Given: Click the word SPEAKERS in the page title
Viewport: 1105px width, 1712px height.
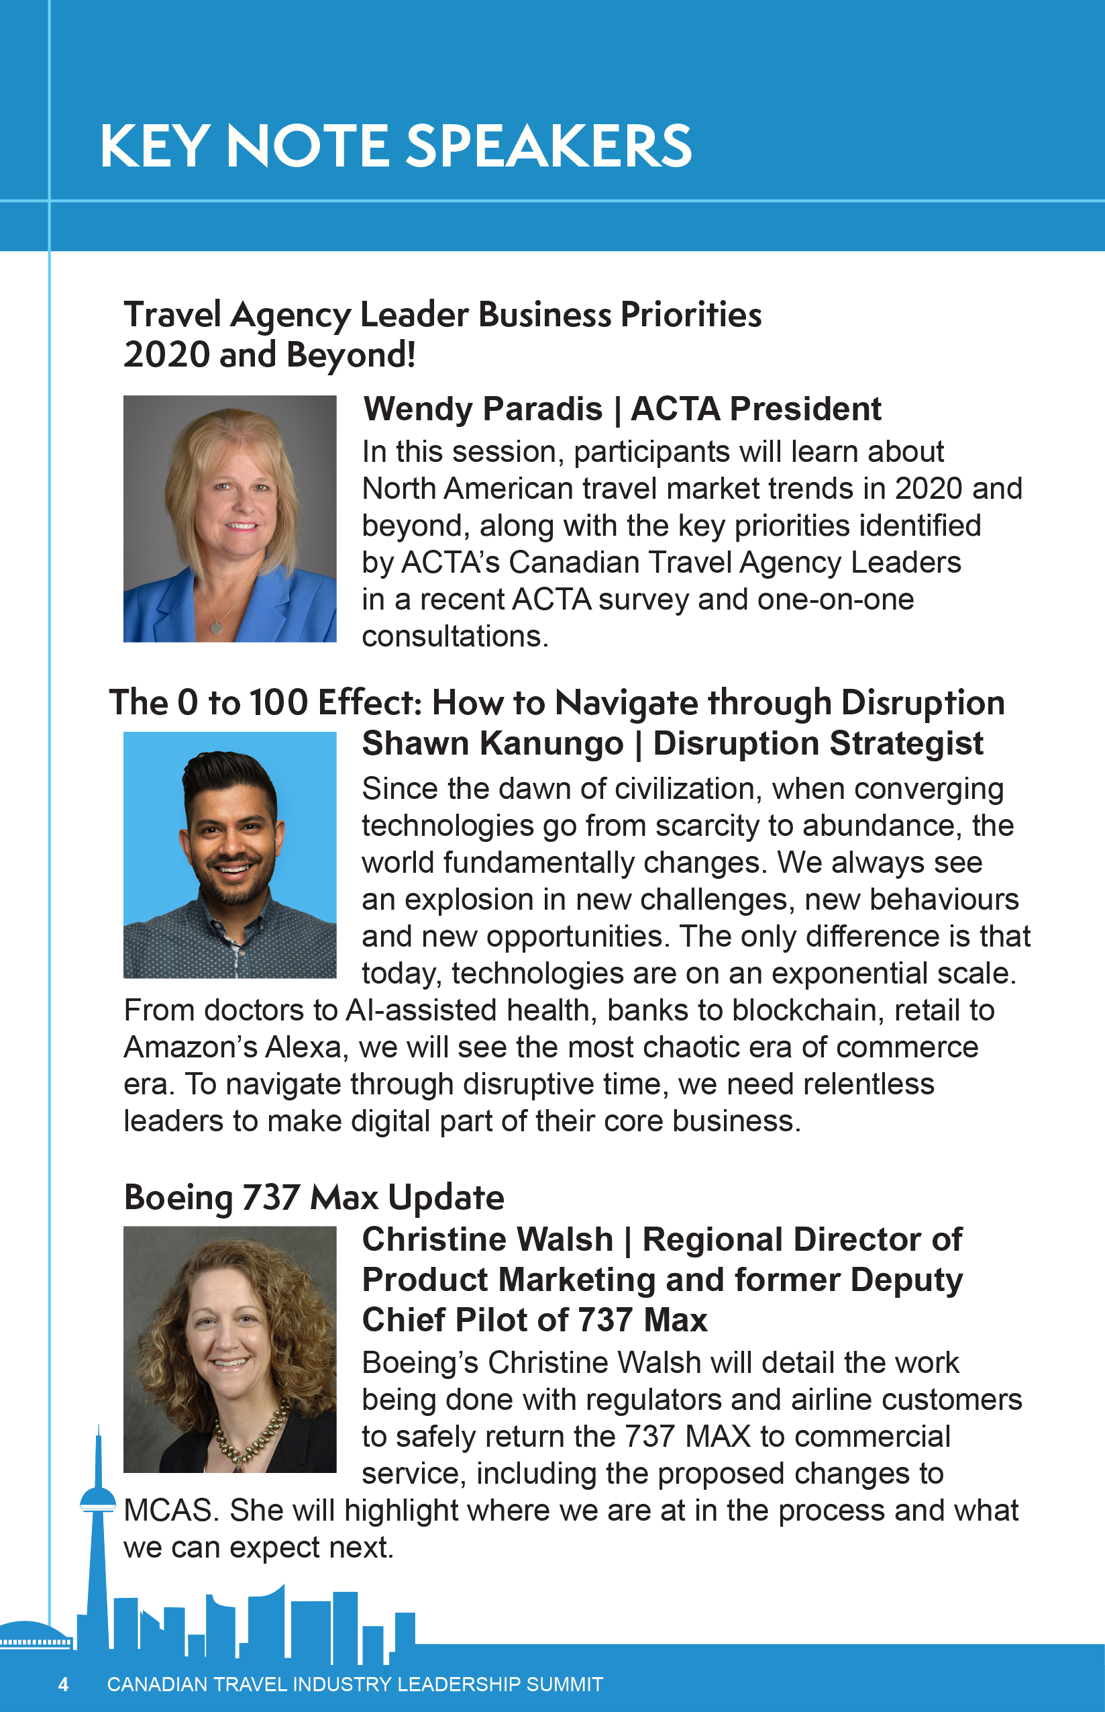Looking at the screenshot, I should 549,146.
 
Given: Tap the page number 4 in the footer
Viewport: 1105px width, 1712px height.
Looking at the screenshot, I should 63,1684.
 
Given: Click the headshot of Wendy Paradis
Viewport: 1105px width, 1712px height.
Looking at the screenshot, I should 229,518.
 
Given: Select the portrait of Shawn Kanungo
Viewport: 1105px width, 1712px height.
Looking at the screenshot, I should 229,854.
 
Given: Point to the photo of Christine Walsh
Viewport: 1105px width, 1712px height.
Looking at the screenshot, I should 229,1349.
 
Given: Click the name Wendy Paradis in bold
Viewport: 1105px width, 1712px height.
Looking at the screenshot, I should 483,409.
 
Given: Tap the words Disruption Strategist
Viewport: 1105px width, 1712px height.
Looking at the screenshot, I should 818,744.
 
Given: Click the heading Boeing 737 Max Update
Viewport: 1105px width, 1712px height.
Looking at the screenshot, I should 314,1197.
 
